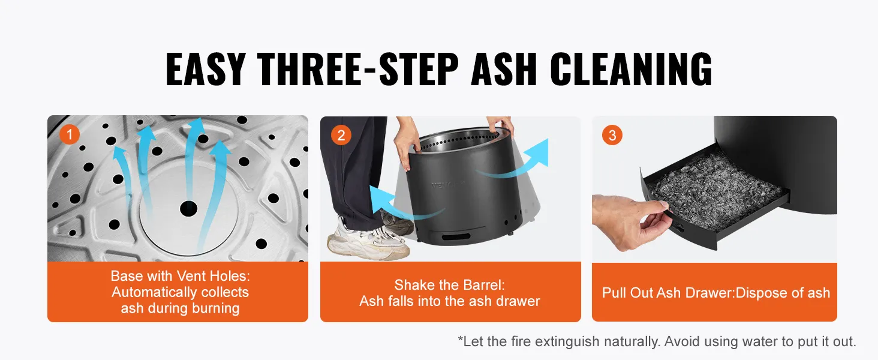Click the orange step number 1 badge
coord(70,134)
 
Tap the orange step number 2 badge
coord(341,135)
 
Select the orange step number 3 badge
coord(612,135)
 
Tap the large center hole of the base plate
coord(188,208)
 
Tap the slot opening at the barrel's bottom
coord(456,236)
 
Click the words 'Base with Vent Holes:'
coord(181,276)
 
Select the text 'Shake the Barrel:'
coord(450,285)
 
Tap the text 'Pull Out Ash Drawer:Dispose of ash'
coord(716,293)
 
